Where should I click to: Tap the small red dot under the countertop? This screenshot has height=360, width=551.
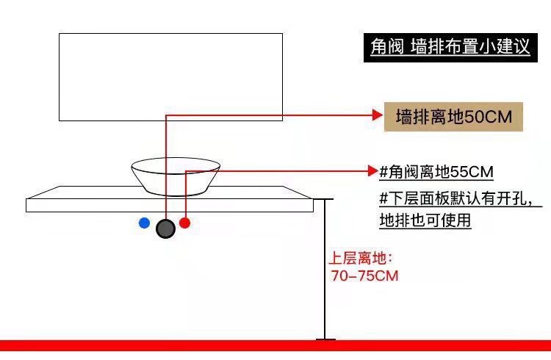click(x=184, y=223)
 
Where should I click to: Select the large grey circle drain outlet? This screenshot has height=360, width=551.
click(x=165, y=229)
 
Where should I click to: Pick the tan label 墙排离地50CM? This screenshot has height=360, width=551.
click(x=453, y=117)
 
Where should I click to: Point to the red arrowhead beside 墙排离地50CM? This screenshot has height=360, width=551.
click(x=377, y=115)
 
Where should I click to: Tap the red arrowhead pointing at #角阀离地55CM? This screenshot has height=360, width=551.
click(x=372, y=172)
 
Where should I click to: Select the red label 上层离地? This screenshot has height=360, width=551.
click(x=361, y=259)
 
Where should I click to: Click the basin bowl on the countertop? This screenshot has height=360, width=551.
click(x=176, y=176)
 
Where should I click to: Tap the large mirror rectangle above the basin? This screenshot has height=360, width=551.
click(x=170, y=76)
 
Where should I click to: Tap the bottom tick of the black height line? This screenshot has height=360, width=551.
click(x=325, y=339)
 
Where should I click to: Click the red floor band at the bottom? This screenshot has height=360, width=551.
click(x=275, y=345)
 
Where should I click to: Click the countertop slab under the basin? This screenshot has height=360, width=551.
click(x=88, y=200)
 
